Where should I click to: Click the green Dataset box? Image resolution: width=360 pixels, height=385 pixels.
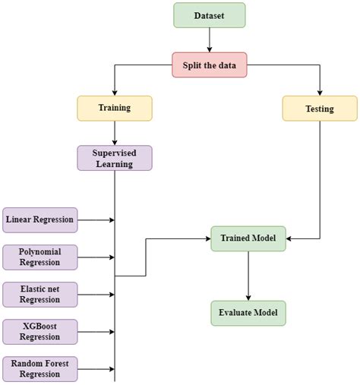[x=209, y=15]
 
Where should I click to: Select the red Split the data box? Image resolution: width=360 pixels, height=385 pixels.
[x=209, y=65]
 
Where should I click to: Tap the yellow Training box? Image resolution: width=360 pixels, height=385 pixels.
[x=115, y=108]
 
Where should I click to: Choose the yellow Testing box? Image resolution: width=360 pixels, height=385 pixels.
[x=319, y=109]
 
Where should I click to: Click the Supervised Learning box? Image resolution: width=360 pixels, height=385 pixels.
[x=115, y=158]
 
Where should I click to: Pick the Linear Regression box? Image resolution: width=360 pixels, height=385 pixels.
[x=39, y=220]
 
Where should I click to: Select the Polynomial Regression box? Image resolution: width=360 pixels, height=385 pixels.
[x=39, y=257]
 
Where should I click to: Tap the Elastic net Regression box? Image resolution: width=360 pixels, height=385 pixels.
[x=39, y=294]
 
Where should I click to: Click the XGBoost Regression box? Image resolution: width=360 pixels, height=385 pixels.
[x=39, y=331]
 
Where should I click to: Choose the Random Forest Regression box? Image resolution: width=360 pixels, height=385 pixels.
[x=39, y=368]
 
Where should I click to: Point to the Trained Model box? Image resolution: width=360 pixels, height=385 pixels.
[x=248, y=238]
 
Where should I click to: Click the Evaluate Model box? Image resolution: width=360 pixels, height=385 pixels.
[x=248, y=312]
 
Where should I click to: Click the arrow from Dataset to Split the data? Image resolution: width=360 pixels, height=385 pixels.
[x=209, y=40]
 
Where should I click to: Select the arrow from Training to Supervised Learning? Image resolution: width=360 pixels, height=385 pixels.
[x=115, y=133]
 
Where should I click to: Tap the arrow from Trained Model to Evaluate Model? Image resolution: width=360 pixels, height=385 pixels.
[x=248, y=275]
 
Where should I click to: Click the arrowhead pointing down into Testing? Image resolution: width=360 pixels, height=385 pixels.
[x=319, y=92]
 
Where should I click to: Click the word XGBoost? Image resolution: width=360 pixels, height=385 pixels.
[x=39, y=326]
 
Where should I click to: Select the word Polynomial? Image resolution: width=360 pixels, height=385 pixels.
[x=39, y=251]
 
